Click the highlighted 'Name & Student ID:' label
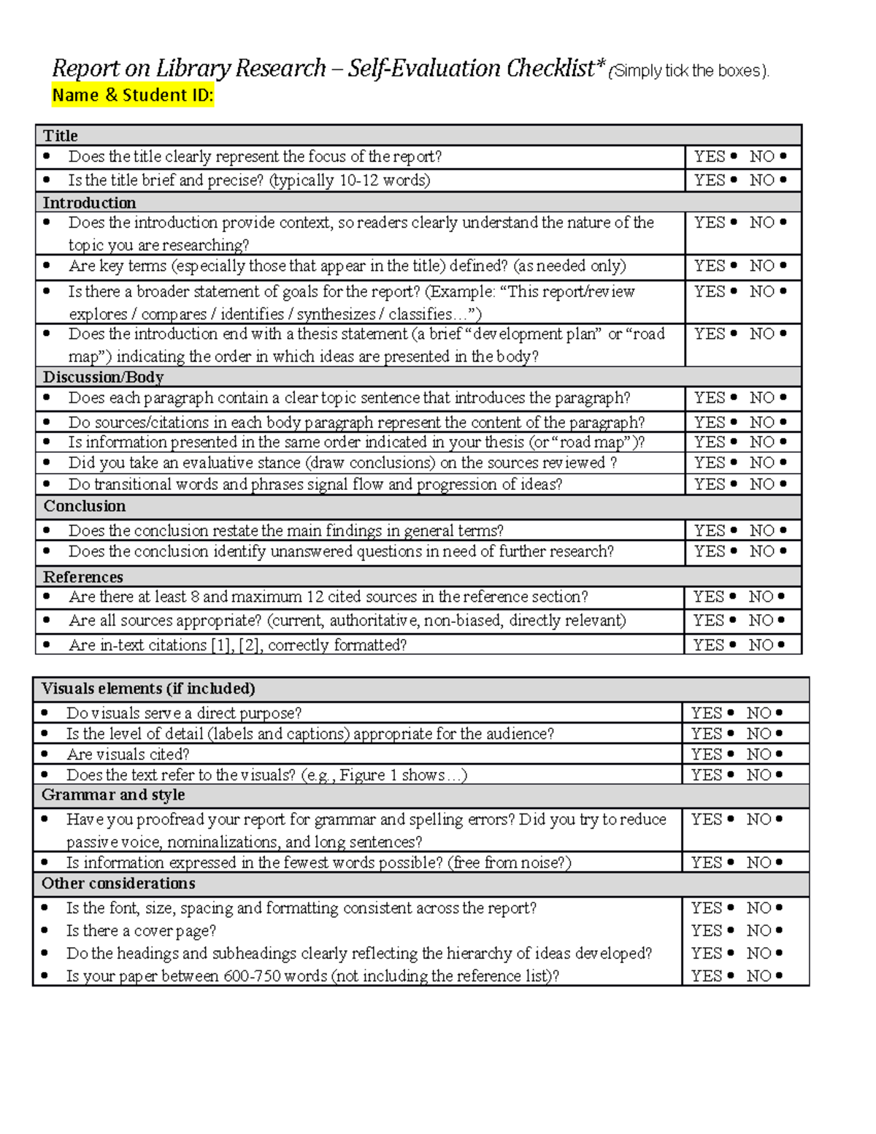pyautogui.click(x=132, y=96)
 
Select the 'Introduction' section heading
pyautogui.click(x=89, y=203)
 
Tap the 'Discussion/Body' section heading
pyautogui.click(x=103, y=378)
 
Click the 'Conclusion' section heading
pyautogui.click(x=84, y=506)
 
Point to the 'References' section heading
pyautogui.click(x=82, y=577)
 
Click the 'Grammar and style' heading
pyautogui.click(x=113, y=794)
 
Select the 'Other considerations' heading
pyautogui.click(x=118, y=884)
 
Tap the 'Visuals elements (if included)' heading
pyautogui.click(x=148, y=689)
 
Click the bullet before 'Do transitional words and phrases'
pyautogui.click(x=47, y=484)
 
